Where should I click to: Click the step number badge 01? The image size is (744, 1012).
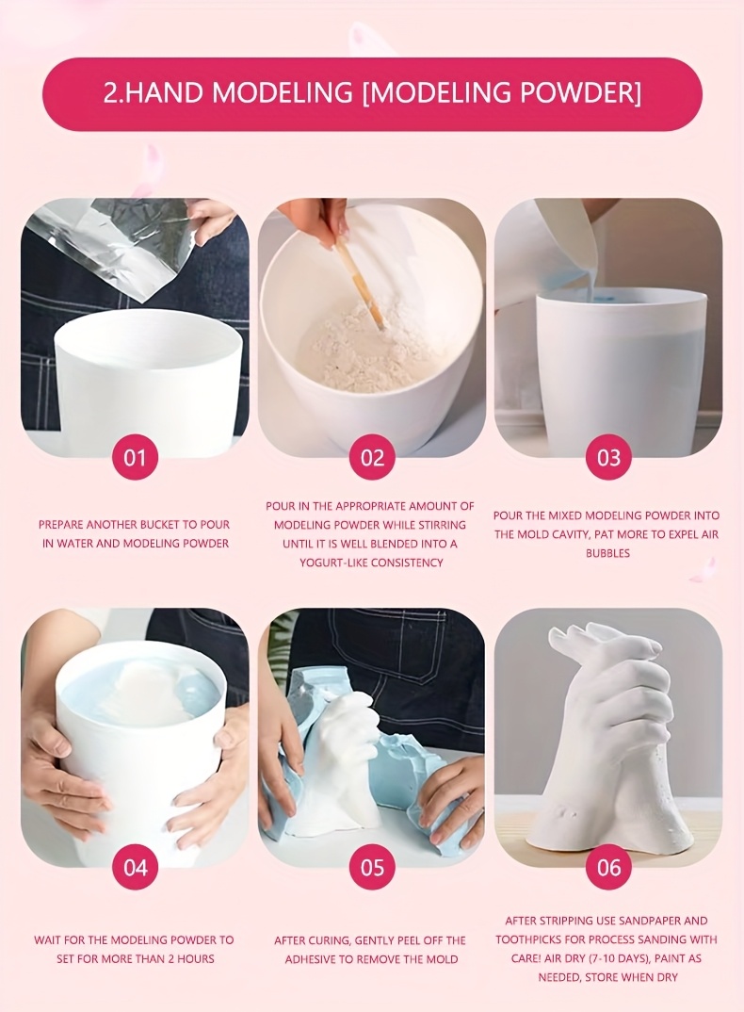click(x=135, y=458)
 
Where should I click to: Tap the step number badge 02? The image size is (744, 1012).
click(x=372, y=458)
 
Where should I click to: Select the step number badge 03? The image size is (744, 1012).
click(x=608, y=458)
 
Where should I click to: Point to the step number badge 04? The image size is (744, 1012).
click(x=135, y=868)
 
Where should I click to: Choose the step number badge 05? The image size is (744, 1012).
click(x=372, y=868)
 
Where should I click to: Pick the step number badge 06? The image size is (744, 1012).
click(x=608, y=868)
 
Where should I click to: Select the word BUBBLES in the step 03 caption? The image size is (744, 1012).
click(x=607, y=553)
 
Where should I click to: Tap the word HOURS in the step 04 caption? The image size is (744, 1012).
click(x=196, y=958)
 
